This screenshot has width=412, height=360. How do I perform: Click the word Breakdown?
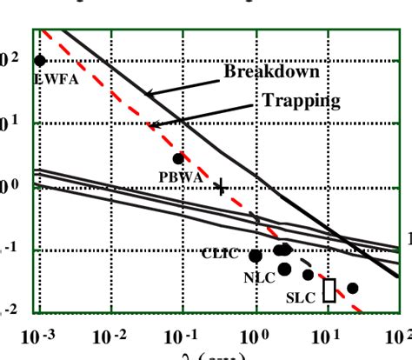pyautogui.click(x=271, y=71)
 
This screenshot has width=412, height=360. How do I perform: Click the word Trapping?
pyautogui.click(x=301, y=101)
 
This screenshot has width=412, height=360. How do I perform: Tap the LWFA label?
pyautogui.click(x=50, y=78)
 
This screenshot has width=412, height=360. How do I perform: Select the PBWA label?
pyautogui.click(x=180, y=176)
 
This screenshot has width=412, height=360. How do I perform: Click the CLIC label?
pyautogui.click(x=220, y=254)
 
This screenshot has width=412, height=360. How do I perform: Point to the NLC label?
pyautogui.click(x=258, y=277)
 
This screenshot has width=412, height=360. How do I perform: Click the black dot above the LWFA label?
pyautogui.click(x=40, y=60)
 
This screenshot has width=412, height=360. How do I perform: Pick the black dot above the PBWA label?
pyautogui.click(x=178, y=158)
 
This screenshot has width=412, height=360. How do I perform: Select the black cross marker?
pyautogui.click(x=221, y=186)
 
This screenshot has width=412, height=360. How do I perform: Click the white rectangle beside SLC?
pyautogui.click(x=329, y=290)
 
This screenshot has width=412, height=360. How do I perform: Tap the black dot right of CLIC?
pyautogui.click(x=256, y=256)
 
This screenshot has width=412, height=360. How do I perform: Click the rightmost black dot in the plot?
pyautogui.click(x=353, y=288)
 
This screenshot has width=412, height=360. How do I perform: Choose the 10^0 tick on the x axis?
pyautogui.click(x=256, y=334)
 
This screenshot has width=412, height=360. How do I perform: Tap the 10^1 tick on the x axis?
pyautogui.click(x=328, y=334)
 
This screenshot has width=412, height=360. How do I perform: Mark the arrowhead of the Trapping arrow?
pyautogui.click(x=150, y=126)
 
